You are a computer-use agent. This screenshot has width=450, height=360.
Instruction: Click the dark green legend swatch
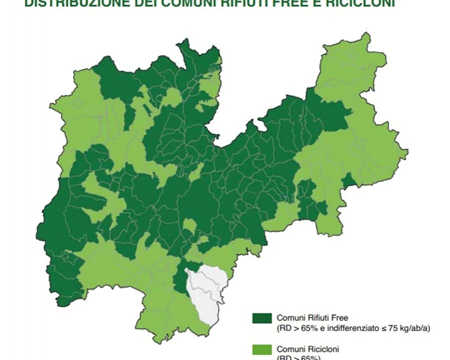click(262, 318)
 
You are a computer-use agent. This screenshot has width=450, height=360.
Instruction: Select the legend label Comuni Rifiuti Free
click(308, 318)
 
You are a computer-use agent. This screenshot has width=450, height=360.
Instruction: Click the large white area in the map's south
click(206, 292)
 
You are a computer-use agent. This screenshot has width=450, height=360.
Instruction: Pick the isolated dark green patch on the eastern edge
click(348, 183)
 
